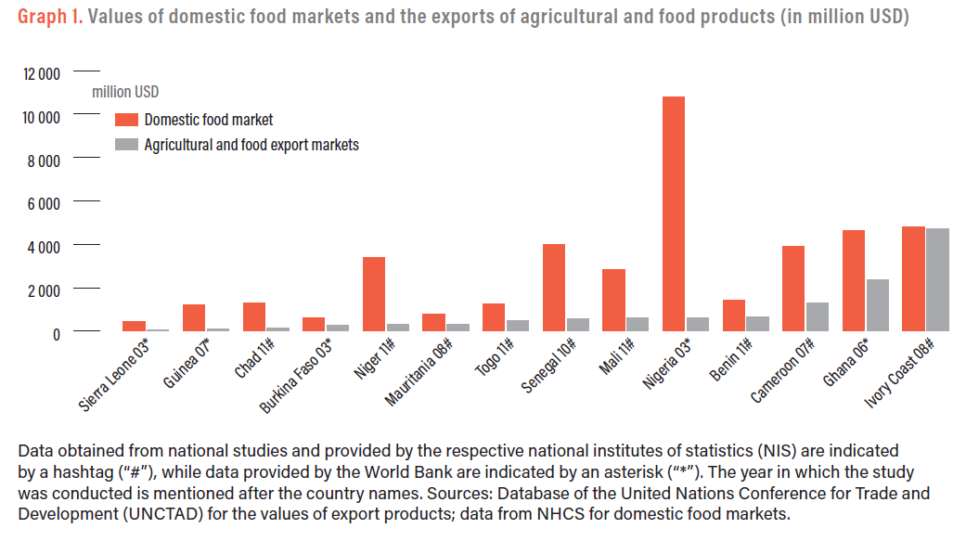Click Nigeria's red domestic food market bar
coord(674,213)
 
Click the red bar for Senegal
coord(554,287)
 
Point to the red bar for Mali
coord(613,300)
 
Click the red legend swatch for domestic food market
coord(126,120)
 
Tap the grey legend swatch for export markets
coord(126,145)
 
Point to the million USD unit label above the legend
coord(125,91)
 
